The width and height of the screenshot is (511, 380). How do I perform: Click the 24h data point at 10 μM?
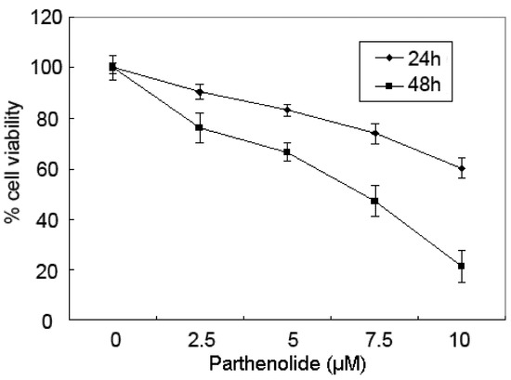point(462,168)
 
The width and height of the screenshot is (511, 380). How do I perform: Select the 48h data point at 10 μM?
point(462,266)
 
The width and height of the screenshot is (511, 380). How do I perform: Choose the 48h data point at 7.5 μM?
point(374,201)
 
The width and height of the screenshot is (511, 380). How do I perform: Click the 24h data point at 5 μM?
point(287,110)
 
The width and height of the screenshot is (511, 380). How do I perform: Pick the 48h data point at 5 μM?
point(287,151)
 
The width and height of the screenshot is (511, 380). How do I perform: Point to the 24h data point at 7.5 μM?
point(374,133)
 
